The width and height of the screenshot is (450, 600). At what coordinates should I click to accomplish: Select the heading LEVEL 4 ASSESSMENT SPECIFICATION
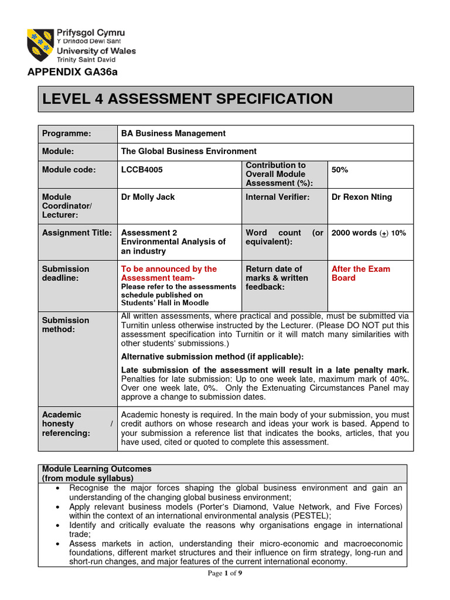click(x=186, y=98)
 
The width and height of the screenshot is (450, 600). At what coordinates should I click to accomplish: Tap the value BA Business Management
click(x=173, y=134)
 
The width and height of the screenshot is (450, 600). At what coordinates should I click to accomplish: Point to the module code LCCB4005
click(x=142, y=170)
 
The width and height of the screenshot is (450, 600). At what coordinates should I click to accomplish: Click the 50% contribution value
click(x=340, y=169)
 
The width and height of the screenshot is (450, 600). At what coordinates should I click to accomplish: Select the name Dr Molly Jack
click(x=148, y=197)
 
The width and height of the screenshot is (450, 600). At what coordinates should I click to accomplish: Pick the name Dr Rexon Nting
click(x=362, y=197)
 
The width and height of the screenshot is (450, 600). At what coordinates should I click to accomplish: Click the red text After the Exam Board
click(x=360, y=273)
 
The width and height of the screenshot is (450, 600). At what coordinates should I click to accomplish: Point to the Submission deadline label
click(x=66, y=273)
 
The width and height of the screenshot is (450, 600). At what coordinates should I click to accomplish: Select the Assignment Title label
click(x=77, y=233)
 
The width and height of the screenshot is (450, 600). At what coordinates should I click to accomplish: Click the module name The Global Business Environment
click(x=189, y=151)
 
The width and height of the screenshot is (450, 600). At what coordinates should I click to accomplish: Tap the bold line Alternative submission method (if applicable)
click(x=212, y=357)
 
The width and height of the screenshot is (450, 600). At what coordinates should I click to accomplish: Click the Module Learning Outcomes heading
click(x=97, y=469)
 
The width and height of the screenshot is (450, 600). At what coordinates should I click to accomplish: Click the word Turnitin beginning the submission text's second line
click(x=136, y=325)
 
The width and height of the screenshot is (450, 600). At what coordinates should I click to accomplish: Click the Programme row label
click(x=67, y=134)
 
